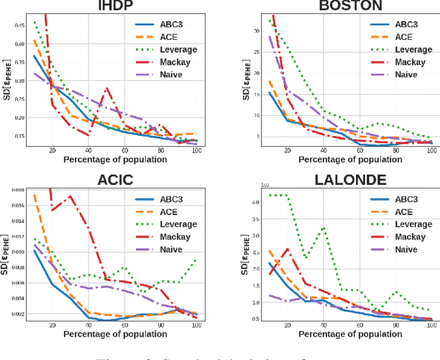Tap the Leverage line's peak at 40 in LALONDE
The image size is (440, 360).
tap(324, 227)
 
